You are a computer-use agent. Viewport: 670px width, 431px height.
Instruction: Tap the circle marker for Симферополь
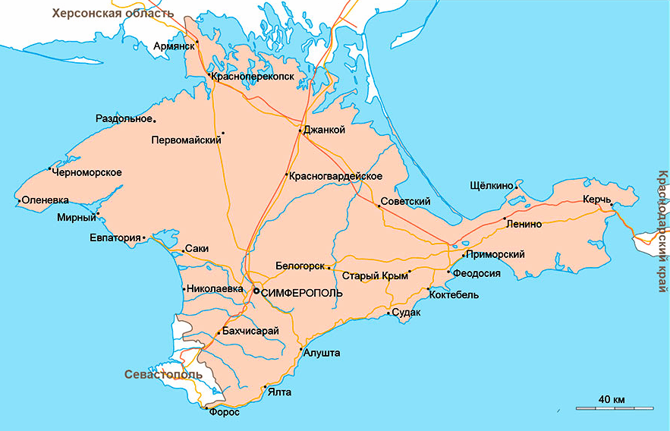coord(256,291)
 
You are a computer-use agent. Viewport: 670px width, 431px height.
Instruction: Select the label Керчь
coord(596,199)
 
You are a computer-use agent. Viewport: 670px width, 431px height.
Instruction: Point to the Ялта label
coord(279,392)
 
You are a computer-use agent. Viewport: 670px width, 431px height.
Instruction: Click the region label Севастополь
coord(163,374)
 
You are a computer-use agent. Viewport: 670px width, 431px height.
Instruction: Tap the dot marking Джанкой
coord(300,131)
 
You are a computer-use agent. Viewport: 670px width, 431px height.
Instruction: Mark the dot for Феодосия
coord(448,272)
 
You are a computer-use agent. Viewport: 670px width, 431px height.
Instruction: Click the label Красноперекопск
coord(253,77)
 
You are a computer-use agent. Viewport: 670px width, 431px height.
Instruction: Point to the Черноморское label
coord(87,172)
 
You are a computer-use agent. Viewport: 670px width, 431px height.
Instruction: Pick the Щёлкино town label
coord(492,185)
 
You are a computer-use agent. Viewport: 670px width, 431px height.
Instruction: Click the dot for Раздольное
coord(155,120)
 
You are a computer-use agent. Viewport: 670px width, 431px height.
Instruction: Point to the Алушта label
coord(321,353)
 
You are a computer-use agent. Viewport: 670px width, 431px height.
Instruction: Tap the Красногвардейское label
coord(335,176)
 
